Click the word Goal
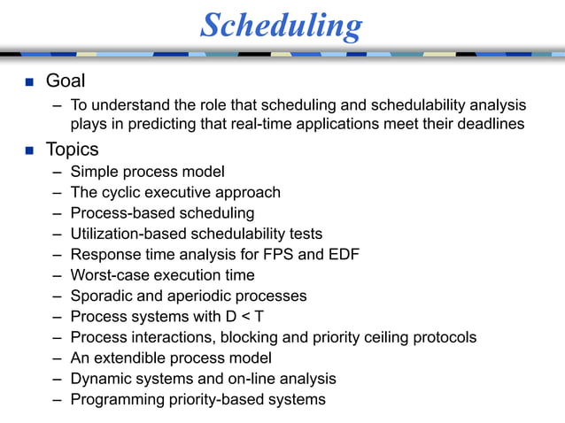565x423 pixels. point(65,81)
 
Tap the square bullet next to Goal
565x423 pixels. point(27,82)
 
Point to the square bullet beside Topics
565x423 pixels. point(27,150)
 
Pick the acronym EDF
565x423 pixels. point(344,255)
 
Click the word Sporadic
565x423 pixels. point(103,296)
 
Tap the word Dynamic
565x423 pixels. point(101,379)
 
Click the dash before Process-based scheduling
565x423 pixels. point(57,213)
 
